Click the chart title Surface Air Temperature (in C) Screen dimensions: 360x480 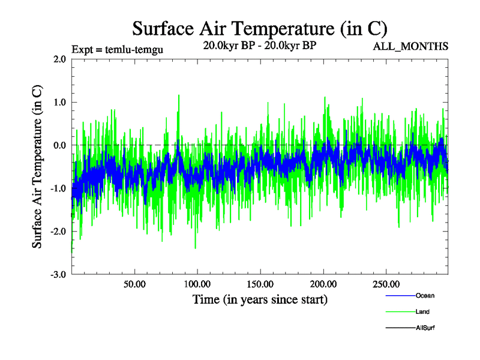(260, 28)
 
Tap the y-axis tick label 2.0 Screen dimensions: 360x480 (59, 59)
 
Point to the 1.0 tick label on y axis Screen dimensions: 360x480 (59, 103)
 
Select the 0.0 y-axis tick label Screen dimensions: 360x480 (59, 145)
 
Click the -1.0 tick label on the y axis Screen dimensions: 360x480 (58, 188)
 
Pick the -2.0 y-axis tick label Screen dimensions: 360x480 (58, 232)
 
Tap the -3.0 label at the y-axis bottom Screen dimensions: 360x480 (58, 275)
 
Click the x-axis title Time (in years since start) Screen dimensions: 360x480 (260, 299)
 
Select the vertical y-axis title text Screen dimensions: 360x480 (37, 167)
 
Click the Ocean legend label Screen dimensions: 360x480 (425, 296)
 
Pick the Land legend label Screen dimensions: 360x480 (422, 312)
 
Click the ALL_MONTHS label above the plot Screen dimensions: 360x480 (410, 46)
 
